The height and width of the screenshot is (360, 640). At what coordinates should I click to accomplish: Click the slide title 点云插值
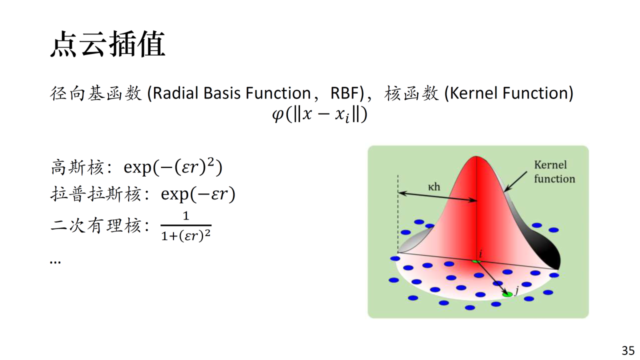tap(107, 44)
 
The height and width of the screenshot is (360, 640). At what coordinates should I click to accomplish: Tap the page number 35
tap(628, 350)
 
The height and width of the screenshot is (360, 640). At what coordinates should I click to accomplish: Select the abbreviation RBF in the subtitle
tap(346, 93)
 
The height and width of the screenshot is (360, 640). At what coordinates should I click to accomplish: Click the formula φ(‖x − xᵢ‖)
tap(319, 114)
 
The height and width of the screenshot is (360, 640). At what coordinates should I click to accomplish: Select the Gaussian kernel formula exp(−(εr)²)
tap(173, 167)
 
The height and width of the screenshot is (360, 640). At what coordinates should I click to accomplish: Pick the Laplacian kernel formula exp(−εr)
tap(198, 194)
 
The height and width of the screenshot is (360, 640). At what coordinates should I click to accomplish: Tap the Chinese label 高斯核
tap(77, 167)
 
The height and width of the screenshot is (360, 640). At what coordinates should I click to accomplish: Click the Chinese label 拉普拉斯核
tap(95, 194)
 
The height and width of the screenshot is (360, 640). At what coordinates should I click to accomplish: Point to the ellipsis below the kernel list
tap(55, 261)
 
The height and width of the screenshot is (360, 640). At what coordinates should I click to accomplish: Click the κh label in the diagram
tap(434, 187)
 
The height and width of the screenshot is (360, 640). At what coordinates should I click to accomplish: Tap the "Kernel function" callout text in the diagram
tap(554, 171)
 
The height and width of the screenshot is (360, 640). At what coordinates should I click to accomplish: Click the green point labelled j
tap(507, 294)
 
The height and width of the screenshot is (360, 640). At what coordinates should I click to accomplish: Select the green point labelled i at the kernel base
tap(476, 261)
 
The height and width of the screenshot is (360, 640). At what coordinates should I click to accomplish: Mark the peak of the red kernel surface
tap(476, 156)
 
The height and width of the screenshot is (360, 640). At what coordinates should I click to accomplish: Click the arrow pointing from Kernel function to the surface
tap(515, 181)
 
